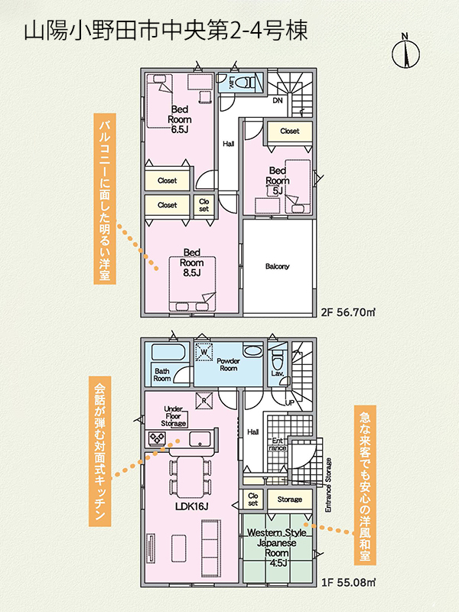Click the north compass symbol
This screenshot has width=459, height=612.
pyautogui.click(x=405, y=51)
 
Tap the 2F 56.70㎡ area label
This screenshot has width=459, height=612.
pyautogui.click(x=348, y=312)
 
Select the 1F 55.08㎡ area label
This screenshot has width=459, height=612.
pyautogui.click(x=349, y=582)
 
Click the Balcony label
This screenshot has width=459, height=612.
pyautogui.click(x=277, y=266)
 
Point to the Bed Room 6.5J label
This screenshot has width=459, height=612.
pyautogui.click(x=180, y=119)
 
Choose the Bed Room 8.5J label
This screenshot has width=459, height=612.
pyautogui.click(x=192, y=262)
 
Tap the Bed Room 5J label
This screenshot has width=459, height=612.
pyautogui.click(x=278, y=181)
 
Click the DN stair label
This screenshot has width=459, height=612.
pyautogui.click(x=278, y=101)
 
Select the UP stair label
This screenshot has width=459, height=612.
pyautogui.click(x=290, y=403)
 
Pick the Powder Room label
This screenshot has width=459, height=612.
pyautogui.click(x=228, y=365)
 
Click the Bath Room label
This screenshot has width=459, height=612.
pyautogui.click(x=162, y=375)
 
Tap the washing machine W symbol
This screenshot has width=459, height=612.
pyautogui.click(x=203, y=352)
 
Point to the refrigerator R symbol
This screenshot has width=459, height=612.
pyautogui.click(x=204, y=400)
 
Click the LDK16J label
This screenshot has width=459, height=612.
pyautogui.click(x=191, y=506)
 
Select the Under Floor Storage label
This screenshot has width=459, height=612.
pyautogui.click(x=174, y=416)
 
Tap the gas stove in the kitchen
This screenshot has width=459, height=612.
pyautogui.click(x=158, y=438)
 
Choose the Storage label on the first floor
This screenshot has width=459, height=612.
pyautogui.click(x=290, y=500)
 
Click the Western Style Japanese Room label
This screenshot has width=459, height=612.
pyautogui.click(x=277, y=548)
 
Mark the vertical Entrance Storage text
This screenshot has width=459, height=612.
pyautogui.click(x=328, y=485)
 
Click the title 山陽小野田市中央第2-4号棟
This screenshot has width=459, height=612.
pyautogui.click(x=166, y=31)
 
